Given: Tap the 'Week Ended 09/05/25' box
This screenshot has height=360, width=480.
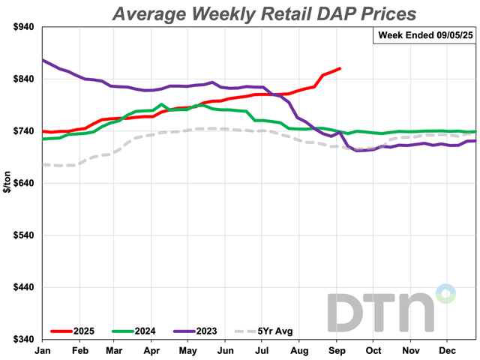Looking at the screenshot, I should (424, 36).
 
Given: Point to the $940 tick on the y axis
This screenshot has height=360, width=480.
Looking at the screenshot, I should (25, 27).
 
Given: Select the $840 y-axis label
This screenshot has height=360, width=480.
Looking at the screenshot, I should (25, 79).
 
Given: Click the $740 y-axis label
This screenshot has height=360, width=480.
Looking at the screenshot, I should (25, 131).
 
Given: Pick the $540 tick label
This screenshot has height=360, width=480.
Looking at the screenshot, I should (25, 235).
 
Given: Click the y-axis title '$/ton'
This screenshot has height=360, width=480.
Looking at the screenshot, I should (8, 184).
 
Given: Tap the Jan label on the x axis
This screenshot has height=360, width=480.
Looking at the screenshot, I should (44, 351).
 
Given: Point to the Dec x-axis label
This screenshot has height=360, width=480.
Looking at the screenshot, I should (448, 351).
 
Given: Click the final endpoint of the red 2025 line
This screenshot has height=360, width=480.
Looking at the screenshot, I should (340, 69).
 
